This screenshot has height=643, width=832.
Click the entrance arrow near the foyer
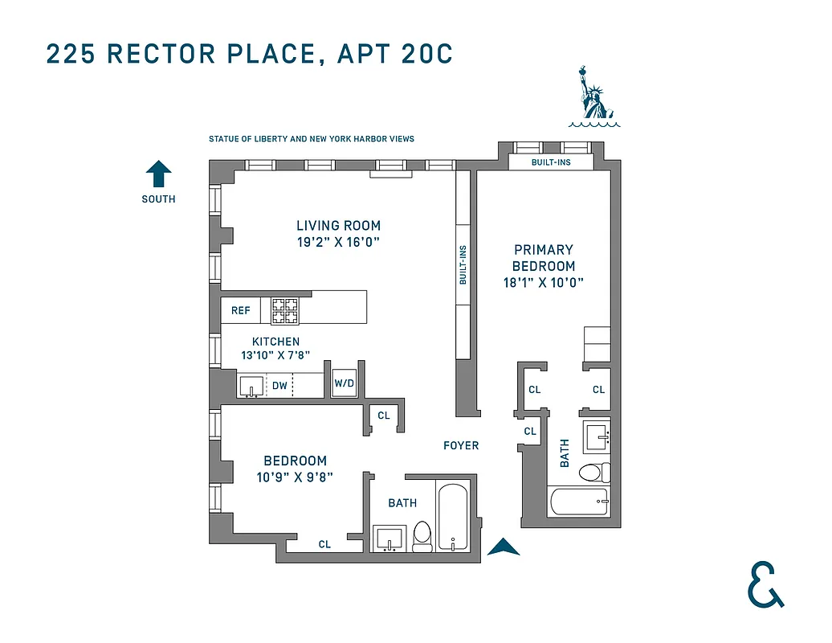504,547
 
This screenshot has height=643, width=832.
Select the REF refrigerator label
240,310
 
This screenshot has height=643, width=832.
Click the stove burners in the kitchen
284,308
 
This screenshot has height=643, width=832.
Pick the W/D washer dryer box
344,383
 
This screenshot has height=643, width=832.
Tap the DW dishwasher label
279,386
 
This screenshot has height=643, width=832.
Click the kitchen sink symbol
251,386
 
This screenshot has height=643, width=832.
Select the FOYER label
461,445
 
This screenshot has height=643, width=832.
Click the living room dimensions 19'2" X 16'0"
338,241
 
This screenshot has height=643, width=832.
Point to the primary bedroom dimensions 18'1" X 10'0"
544,282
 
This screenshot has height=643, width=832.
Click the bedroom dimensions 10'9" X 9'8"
295,477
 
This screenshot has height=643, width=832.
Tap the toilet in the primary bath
595,472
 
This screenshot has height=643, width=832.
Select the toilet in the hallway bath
422,538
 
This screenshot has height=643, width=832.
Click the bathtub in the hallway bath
454,516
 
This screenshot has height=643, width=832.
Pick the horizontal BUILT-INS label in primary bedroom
551,162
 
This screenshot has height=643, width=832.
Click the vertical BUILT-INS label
463,265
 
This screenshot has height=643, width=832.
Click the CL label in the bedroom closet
324,544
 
